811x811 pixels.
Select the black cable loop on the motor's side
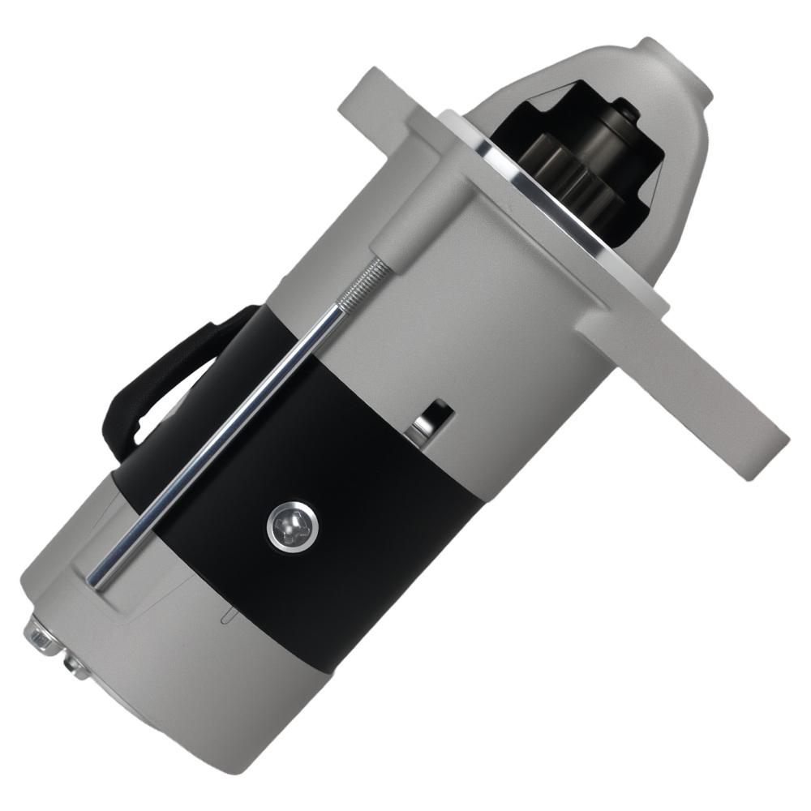pos(162,381)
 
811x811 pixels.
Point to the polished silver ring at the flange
pos(535,219)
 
